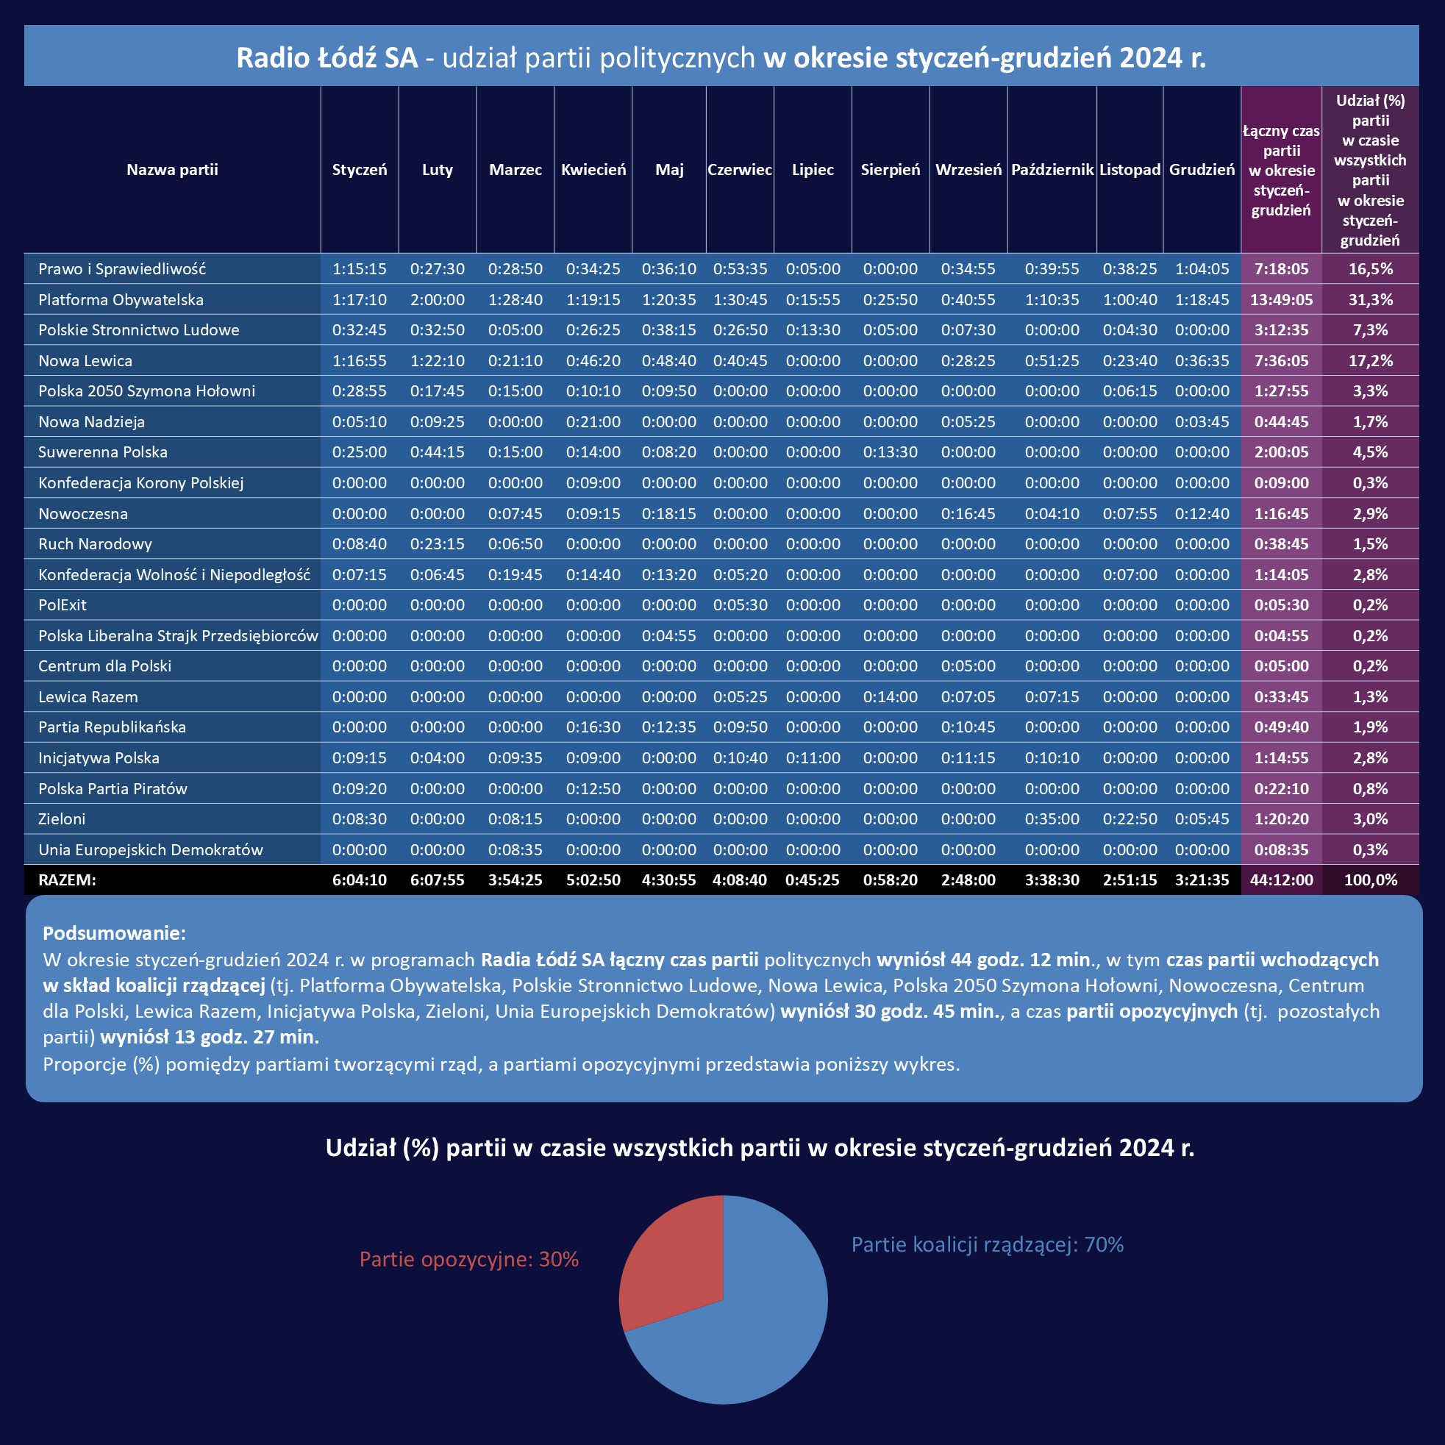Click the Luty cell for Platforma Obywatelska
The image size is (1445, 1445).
point(437,300)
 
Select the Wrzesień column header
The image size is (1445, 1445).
point(968,170)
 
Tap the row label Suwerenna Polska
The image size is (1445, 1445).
point(102,452)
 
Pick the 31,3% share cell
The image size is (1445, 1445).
point(1370,300)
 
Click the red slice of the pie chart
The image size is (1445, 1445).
point(669,1264)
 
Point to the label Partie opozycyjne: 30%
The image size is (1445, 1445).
point(469,1260)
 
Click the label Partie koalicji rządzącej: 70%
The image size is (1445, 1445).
point(988,1244)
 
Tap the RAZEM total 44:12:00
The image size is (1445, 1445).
point(1281,880)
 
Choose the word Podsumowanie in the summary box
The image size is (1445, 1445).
point(114,933)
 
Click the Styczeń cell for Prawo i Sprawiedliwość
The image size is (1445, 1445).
point(359,269)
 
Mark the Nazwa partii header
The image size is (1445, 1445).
point(172,170)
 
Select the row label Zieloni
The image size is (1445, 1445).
point(62,819)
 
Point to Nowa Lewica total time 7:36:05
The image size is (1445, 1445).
point(1281,361)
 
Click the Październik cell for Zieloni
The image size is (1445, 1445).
point(1052,819)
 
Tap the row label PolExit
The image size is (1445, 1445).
point(62,605)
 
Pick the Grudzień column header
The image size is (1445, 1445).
point(1201,170)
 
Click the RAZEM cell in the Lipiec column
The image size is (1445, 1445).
point(813,880)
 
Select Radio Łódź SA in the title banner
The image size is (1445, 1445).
point(327,57)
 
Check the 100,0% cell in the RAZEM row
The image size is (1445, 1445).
point(1370,880)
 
